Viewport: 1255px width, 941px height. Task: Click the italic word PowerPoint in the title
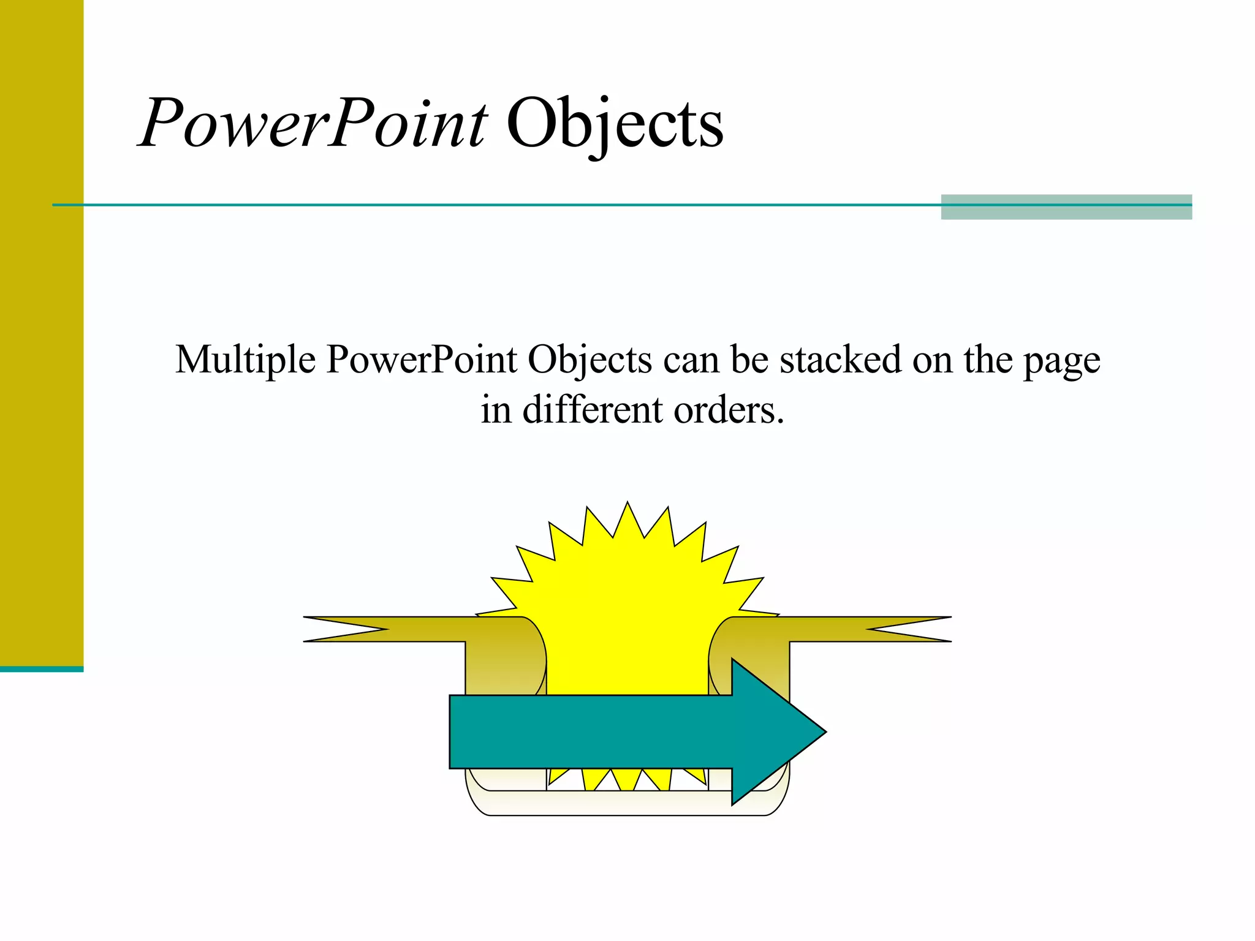point(313,124)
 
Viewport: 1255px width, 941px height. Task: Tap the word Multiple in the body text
point(245,360)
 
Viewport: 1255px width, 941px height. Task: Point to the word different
point(592,410)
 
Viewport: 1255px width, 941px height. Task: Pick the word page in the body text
point(1061,361)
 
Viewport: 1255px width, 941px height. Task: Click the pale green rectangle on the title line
point(1066,207)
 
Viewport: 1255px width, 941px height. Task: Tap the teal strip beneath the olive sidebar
point(42,669)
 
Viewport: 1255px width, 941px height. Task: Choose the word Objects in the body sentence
point(590,360)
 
